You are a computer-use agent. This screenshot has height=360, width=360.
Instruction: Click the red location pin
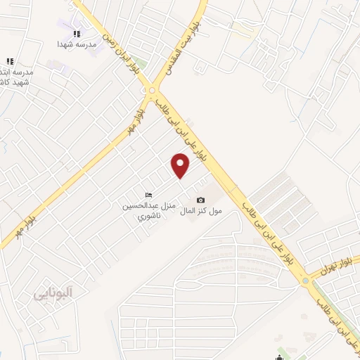(x=181, y=167)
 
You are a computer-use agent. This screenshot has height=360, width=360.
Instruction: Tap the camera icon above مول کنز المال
(x=200, y=200)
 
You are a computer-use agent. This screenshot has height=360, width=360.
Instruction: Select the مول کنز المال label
(x=201, y=211)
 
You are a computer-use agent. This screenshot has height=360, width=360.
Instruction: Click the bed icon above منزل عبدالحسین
(x=148, y=195)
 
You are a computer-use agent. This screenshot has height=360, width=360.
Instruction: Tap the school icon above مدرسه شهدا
(x=77, y=33)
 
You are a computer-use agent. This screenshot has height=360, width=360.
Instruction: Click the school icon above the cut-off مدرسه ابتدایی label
(x=10, y=61)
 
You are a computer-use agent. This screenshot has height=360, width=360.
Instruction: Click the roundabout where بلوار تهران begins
(x=306, y=281)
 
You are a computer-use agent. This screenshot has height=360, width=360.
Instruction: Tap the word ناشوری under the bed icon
(x=148, y=216)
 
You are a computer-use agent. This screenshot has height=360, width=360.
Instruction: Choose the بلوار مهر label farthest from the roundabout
(x=27, y=219)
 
